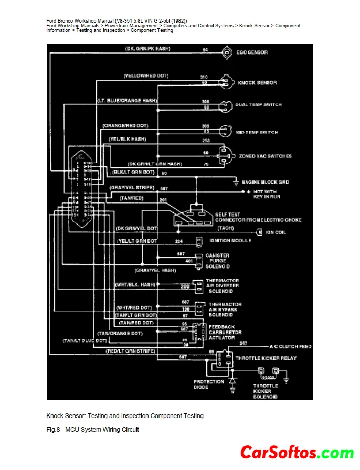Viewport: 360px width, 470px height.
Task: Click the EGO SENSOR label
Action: (252, 52)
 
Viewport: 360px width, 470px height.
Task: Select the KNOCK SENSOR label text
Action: (257, 83)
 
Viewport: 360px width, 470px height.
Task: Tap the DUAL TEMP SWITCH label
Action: (258, 105)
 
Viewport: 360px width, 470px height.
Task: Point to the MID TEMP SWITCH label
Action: (257, 132)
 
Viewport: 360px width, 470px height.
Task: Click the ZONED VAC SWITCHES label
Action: (265, 156)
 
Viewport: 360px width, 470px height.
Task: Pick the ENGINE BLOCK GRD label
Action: (265, 182)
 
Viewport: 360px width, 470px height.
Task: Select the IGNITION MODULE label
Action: (230, 241)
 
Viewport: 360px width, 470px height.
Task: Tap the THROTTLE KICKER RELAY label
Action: (266, 358)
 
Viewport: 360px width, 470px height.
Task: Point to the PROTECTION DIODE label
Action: (208, 384)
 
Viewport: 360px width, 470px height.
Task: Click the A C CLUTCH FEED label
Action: (290, 347)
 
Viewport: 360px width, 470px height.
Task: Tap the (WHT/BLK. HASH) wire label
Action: (136, 284)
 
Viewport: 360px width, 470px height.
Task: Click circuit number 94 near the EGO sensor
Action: (205, 50)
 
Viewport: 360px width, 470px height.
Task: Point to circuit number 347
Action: (243, 343)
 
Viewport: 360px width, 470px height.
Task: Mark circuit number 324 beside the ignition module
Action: (179, 241)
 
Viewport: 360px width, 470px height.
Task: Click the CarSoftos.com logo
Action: (297, 453)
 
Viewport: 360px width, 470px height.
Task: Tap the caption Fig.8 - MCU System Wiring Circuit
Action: (93, 430)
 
